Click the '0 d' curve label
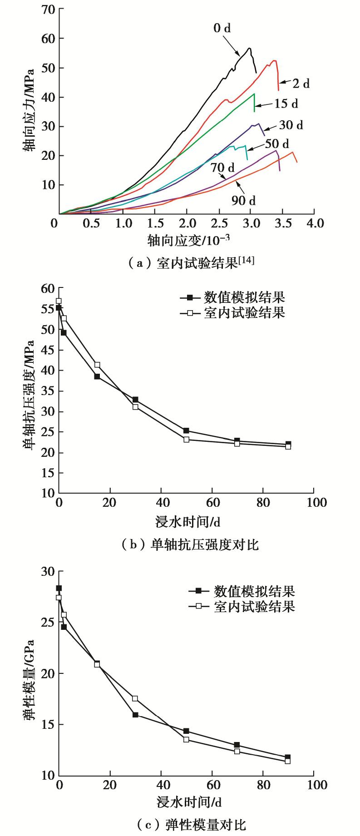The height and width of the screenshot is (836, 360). click(x=222, y=28)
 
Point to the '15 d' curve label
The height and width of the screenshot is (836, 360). click(x=286, y=104)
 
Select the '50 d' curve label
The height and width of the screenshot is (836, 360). click(x=277, y=144)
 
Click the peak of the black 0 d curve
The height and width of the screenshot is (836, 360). click(x=249, y=48)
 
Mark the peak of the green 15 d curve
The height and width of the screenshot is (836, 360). click(x=254, y=94)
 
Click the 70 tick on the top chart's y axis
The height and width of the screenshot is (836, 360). click(x=47, y=9)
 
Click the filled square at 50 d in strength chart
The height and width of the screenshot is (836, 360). click(x=186, y=430)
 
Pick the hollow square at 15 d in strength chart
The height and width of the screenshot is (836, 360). click(x=97, y=365)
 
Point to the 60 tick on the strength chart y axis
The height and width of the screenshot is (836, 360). click(x=47, y=288)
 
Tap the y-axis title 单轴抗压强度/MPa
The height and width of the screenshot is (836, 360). click(x=28, y=394)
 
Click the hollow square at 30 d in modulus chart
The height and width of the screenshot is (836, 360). click(x=135, y=698)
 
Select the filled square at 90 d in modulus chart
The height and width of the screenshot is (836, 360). click(x=288, y=757)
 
